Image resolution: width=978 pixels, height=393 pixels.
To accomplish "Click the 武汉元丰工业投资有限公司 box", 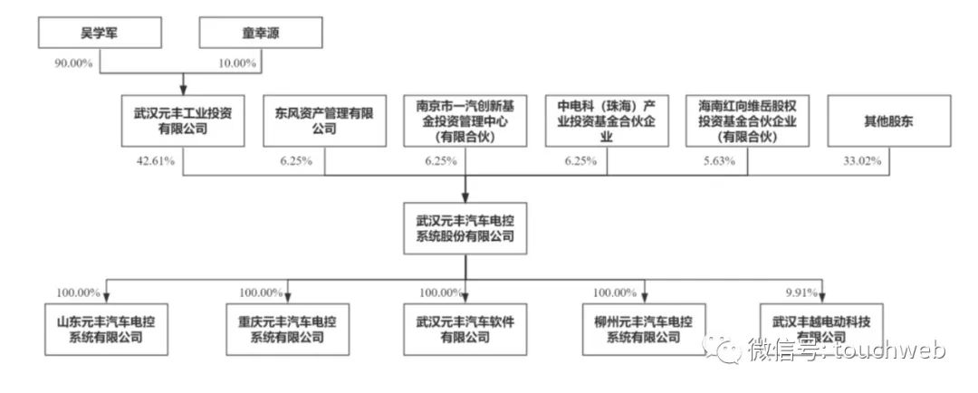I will (x=183, y=121).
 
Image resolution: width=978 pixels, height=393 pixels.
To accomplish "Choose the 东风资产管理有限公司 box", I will (x=324, y=121).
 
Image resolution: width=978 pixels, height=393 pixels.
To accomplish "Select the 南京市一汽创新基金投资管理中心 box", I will (x=465, y=121).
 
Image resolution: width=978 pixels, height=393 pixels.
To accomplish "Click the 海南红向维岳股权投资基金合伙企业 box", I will (x=747, y=121).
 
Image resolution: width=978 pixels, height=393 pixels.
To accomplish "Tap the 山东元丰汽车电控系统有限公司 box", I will (x=106, y=329).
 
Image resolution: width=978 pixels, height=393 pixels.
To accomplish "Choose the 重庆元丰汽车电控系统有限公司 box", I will (x=286, y=329).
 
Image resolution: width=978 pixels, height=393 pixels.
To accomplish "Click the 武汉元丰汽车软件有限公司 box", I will (x=465, y=329).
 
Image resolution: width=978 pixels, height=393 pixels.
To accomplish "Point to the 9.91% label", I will (x=802, y=292).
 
